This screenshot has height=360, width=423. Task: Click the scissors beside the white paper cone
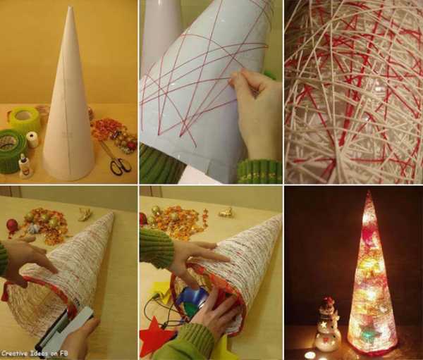[116, 159]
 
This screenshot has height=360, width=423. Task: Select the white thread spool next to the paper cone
[32, 139]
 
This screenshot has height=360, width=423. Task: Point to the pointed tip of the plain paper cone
[70, 7]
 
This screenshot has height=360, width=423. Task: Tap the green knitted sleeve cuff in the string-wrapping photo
[259, 170]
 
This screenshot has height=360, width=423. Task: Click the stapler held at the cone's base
[63, 331]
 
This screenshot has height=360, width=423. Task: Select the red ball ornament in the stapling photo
[12, 225]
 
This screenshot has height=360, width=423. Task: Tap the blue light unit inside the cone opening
[195, 298]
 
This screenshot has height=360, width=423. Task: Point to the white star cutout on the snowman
[324, 325]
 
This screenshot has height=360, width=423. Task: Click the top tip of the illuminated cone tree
[369, 192]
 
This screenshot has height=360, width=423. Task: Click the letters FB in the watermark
[63, 353]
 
